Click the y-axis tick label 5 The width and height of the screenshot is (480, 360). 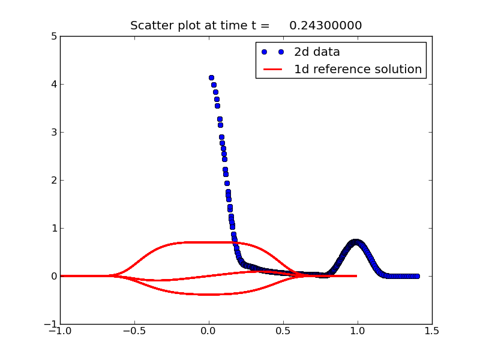[x=54, y=37]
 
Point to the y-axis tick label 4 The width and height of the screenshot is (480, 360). [x=54, y=84]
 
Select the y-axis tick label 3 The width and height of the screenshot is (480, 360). [x=54, y=132]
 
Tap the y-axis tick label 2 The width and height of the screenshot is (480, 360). [x=54, y=181]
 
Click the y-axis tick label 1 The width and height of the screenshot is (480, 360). [x=55, y=228]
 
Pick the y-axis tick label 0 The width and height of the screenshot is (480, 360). [x=54, y=276]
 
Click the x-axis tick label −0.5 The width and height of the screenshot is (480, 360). [x=134, y=331]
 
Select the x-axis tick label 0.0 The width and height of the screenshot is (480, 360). [x=209, y=331]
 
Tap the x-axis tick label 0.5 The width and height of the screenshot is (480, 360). [x=283, y=331]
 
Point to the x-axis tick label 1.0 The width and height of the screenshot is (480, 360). [x=358, y=331]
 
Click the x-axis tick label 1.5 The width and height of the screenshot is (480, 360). [x=432, y=331]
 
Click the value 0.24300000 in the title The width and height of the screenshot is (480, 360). [x=326, y=25]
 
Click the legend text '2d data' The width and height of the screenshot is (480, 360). [x=317, y=52]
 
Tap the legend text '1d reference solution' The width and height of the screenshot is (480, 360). [x=358, y=69]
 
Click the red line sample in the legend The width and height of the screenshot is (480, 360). [x=272, y=70]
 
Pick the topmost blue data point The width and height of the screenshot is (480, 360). [x=211, y=78]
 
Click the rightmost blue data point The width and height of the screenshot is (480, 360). [x=417, y=276]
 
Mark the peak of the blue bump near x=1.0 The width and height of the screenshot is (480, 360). [x=355, y=242]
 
